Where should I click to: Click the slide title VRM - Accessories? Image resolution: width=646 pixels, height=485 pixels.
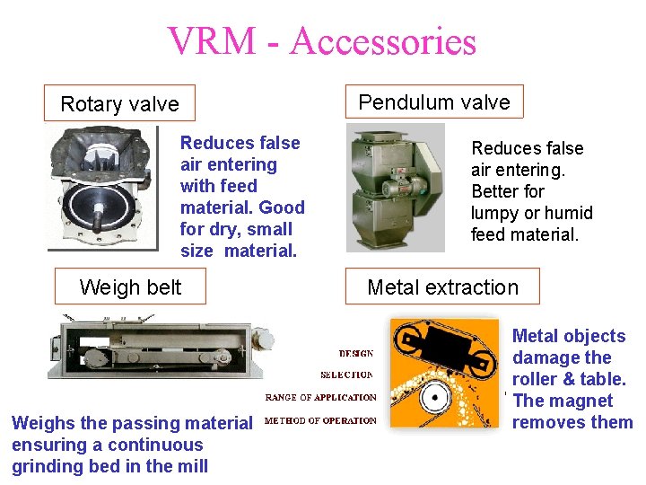pyautogui.click(x=321, y=41)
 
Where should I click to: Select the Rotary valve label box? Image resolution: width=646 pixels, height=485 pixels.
pyautogui.click(x=119, y=103)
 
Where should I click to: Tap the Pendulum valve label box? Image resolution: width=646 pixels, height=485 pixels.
pyautogui.click(x=433, y=101)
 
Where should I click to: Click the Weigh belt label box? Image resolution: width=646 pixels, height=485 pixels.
pyautogui.click(x=130, y=287)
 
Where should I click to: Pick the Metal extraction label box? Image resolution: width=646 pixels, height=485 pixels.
pyautogui.click(x=442, y=287)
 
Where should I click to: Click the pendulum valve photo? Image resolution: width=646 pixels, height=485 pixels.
pyautogui.click(x=396, y=187)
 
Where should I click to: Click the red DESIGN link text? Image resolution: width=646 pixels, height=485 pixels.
pyautogui.click(x=356, y=354)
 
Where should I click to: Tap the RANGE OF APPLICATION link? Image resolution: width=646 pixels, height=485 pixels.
pyautogui.click(x=320, y=398)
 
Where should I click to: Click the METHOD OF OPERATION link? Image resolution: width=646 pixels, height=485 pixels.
pyautogui.click(x=320, y=419)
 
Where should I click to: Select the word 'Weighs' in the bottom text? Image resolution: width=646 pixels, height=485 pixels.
pyautogui.click(x=40, y=423)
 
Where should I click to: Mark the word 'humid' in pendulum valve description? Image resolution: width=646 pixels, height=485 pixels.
pyautogui.click(x=566, y=213)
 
